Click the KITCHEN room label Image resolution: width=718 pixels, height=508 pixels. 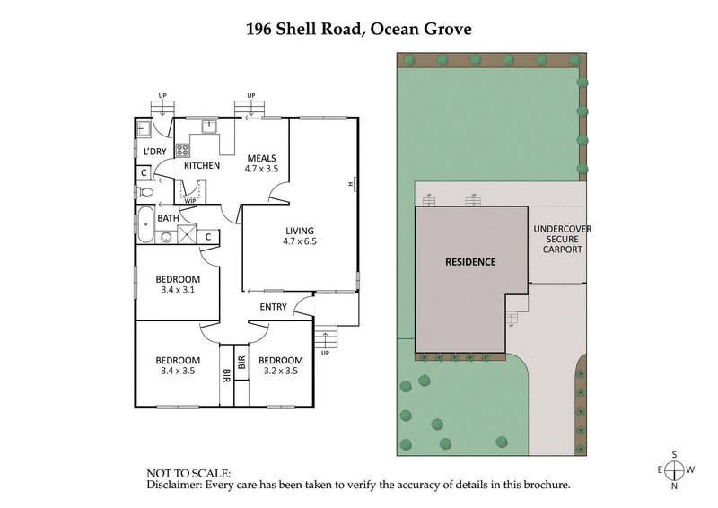click(x=202, y=165)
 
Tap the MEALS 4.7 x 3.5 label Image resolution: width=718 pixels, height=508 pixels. click(x=261, y=163)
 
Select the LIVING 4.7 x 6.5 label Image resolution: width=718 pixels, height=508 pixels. click(x=300, y=236)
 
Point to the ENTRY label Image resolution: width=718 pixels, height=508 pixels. click(x=273, y=308)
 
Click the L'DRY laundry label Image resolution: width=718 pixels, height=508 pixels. click(x=155, y=151)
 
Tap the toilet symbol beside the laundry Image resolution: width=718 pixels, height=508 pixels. click(x=146, y=191)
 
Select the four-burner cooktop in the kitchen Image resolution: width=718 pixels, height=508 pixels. click(x=182, y=150)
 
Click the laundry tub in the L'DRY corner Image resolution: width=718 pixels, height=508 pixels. click(x=144, y=127)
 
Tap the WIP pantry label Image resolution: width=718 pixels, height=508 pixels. click(x=190, y=201)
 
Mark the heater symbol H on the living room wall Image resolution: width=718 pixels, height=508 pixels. click(x=352, y=185)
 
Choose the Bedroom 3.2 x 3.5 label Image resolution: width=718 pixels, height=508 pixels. click(x=280, y=365)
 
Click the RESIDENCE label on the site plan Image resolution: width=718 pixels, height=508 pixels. click(x=471, y=262)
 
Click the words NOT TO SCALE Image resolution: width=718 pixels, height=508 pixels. click(x=188, y=472)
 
